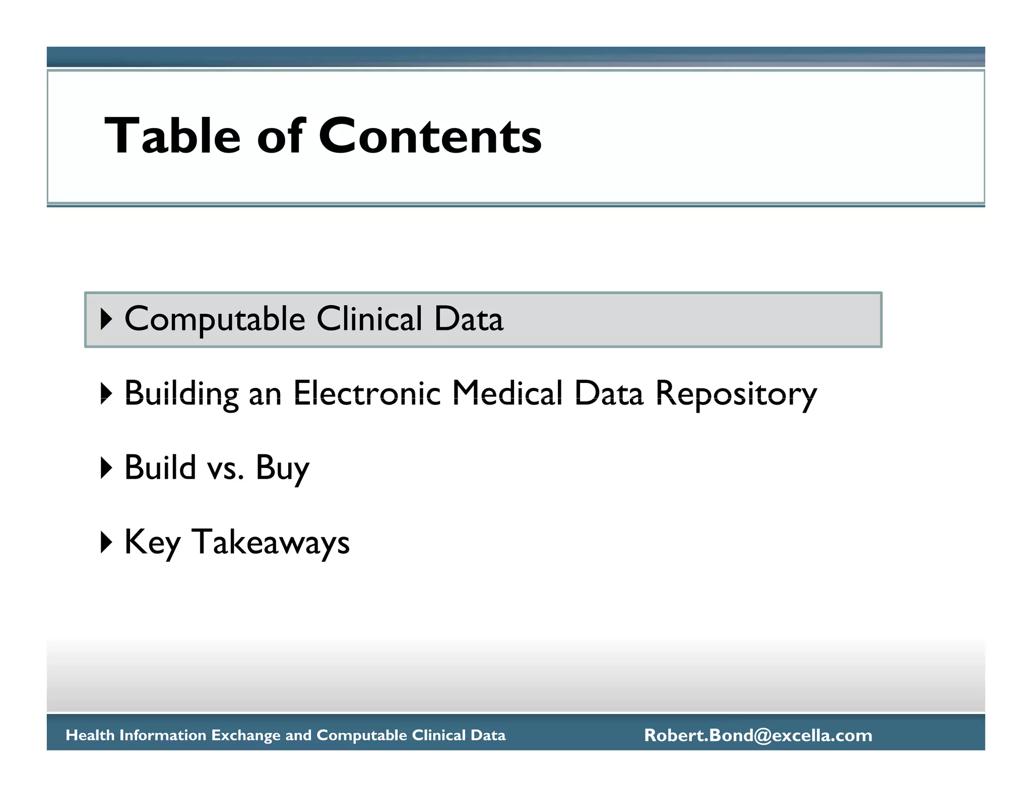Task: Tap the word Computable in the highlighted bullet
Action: tap(215, 319)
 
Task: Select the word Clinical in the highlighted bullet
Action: tap(369, 319)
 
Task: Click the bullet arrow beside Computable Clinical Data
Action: tap(106, 319)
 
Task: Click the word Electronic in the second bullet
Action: tap(367, 393)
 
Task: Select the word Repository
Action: tap(736, 394)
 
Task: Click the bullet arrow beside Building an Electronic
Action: tap(106, 393)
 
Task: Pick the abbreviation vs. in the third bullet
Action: tap(226, 468)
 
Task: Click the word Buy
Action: tap(282, 469)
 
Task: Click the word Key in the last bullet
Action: tap(152, 543)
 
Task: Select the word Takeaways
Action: tap(271, 542)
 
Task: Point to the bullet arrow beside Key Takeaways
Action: tap(106, 542)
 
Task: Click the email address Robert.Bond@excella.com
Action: tap(758, 735)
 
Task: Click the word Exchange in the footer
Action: tap(246, 735)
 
